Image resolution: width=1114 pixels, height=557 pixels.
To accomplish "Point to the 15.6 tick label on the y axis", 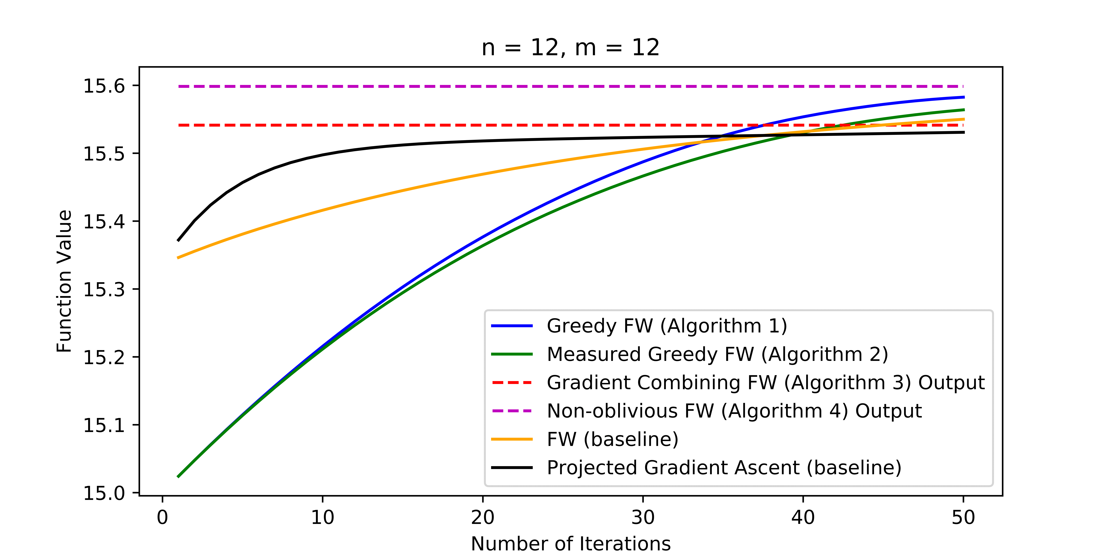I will point(104,86).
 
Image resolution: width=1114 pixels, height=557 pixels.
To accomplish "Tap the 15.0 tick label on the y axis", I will point(104,493).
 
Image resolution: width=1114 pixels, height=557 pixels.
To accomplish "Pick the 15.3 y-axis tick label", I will point(104,289).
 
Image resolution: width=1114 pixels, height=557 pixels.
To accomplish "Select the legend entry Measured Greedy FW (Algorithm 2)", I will point(717,354).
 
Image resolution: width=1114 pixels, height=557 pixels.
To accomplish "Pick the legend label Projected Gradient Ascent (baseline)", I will point(724,468).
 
